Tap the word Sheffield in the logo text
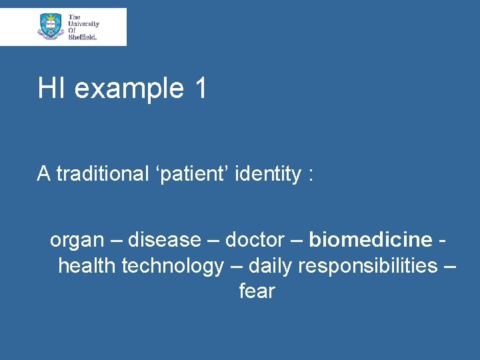(83, 37)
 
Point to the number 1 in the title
(201, 89)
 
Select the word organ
(77, 240)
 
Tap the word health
(87, 265)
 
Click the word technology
(172, 267)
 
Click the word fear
(257, 291)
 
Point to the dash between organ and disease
(115, 240)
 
